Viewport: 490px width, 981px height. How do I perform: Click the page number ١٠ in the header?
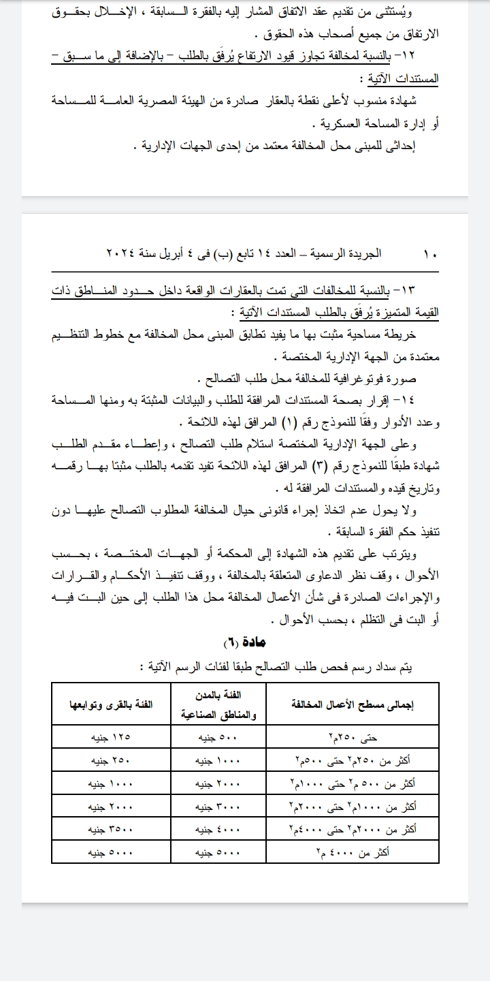430,253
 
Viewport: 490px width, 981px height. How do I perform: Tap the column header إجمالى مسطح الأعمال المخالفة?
353,704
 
